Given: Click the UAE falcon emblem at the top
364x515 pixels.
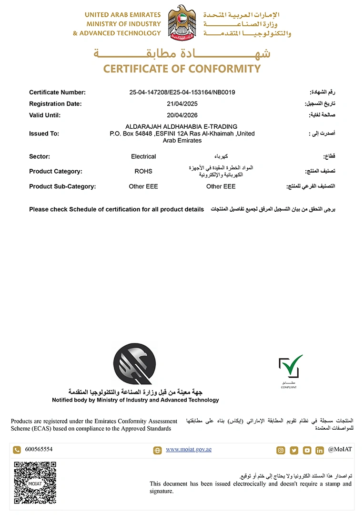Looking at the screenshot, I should tap(182, 22).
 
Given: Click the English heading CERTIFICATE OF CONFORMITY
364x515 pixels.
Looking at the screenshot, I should tap(182, 69).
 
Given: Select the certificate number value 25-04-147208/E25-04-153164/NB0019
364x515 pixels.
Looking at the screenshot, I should tap(182, 93).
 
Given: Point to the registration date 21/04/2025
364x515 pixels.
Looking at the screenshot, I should tap(182, 104).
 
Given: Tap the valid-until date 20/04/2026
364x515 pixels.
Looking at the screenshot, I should tap(182, 115).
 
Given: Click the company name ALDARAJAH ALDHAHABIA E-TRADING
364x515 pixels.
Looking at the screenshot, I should tap(181, 126).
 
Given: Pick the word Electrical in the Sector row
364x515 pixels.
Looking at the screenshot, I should tap(143, 156).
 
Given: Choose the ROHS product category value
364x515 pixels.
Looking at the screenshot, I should tap(143, 171).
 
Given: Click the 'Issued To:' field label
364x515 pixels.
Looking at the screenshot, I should tap(44, 134).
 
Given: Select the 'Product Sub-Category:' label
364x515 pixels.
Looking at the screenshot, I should tap(62, 186).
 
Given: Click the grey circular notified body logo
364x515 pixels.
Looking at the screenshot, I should tap(134, 364).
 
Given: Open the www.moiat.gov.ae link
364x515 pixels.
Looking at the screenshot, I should tap(189, 449).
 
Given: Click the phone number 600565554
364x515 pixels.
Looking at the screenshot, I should tap(39, 449).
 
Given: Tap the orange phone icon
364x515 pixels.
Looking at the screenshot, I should tap(17, 450).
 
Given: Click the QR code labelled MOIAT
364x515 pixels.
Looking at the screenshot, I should tap(35, 483).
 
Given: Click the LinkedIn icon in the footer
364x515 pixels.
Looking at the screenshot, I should tap(319, 450).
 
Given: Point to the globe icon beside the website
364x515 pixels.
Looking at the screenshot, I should tap(157, 450).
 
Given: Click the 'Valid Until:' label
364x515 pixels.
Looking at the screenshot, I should tap(45, 115).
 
